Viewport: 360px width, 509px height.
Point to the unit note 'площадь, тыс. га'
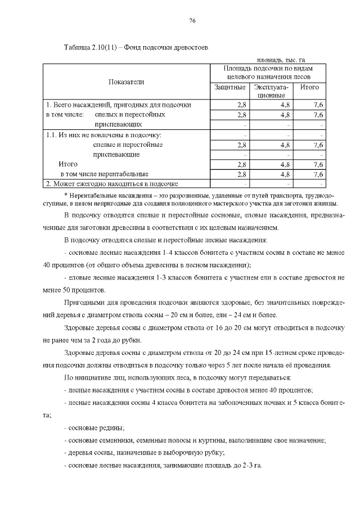[281, 59]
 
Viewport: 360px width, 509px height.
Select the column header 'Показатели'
[127, 82]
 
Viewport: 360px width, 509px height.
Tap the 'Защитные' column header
[230, 87]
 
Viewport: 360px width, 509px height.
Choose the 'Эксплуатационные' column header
[271, 92]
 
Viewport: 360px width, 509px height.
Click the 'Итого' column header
[309, 87]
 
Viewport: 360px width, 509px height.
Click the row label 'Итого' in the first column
[68, 164]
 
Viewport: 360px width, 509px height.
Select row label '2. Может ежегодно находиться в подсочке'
[112, 183]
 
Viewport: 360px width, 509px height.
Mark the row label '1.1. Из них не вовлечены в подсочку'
[103, 135]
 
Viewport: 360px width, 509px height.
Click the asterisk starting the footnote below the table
[66, 194]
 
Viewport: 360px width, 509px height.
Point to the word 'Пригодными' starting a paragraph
[84, 304]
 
